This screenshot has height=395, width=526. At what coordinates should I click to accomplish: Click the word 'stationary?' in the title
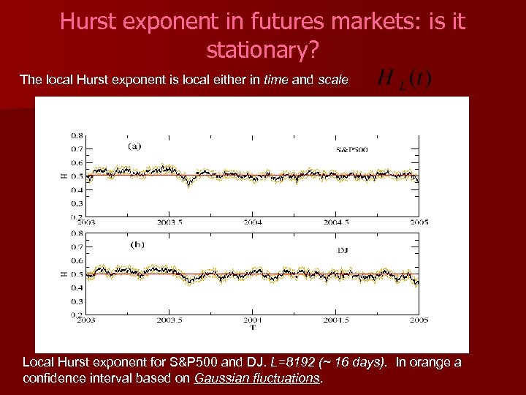coord(262,50)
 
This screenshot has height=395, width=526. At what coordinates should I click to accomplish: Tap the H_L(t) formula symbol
coord(404,80)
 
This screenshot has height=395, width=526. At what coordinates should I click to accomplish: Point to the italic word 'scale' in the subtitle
coord(332,80)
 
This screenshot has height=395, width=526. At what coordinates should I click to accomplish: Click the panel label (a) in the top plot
coord(134,146)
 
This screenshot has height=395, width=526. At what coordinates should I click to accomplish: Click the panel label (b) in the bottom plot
coord(136,244)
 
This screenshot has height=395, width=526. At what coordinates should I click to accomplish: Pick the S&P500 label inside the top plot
coord(351,149)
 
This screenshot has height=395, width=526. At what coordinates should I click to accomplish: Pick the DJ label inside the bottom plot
coord(343,250)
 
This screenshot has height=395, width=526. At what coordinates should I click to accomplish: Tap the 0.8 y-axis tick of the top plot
coord(76,135)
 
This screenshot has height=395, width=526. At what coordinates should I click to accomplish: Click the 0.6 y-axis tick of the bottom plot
coord(76,260)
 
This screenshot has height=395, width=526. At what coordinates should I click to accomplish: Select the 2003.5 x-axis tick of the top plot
coord(169,222)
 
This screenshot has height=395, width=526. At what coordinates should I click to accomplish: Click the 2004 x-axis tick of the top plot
coord(254,222)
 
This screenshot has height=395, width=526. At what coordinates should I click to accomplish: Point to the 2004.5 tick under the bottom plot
coord(336,320)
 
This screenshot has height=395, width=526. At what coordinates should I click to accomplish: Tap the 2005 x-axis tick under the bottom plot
coord(419,320)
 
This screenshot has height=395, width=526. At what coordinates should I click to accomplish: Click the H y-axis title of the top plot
coord(62,176)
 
